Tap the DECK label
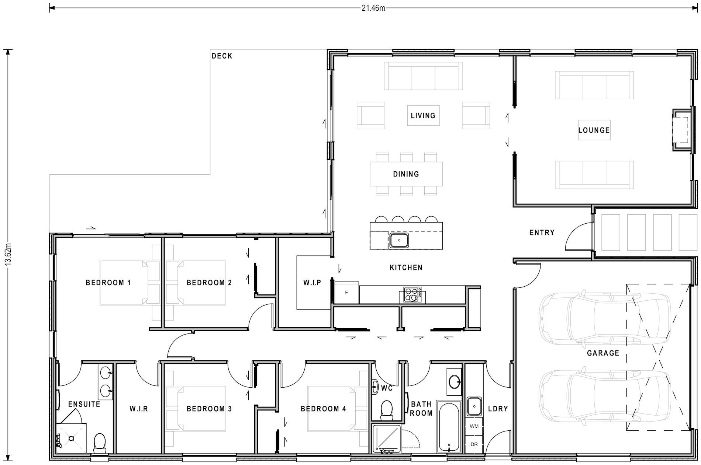click(x=222, y=56)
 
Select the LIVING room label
click(x=423, y=116)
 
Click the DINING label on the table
click(x=406, y=174)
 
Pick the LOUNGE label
click(x=594, y=130)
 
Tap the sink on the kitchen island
click(x=399, y=241)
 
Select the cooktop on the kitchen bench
click(x=412, y=295)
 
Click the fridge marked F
click(x=346, y=293)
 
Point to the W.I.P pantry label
click(x=312, y=283)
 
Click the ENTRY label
click(x=542, y=233)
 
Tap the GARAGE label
click(x=603, y=353)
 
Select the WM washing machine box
click(x=474, y=426)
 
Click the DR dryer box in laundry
click(x=474, y=444)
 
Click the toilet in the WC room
click(x=387, y=410)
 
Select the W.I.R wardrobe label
click(x=139, y=409)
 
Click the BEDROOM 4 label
click(x=323, y=409)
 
